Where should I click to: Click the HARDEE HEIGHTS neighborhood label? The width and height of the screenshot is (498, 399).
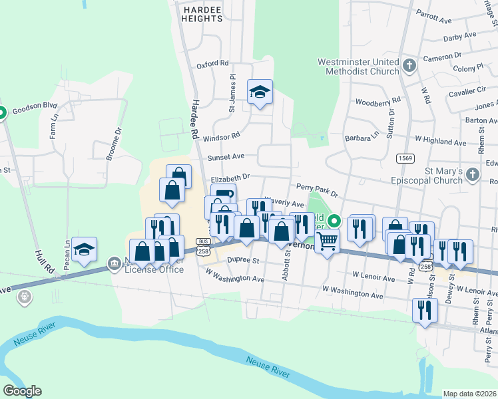(201, 13)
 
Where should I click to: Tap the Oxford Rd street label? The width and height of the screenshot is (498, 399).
(212, 64)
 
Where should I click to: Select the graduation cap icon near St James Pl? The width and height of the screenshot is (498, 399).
(260, 92)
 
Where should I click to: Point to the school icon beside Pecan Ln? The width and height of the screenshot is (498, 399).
(85, 249)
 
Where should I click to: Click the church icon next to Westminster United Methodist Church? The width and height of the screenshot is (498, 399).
(409, 66)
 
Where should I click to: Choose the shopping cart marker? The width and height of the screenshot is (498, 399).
(327, 242)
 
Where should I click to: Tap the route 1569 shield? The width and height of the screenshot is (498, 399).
(403, 158)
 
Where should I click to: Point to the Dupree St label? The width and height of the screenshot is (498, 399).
(243, 262)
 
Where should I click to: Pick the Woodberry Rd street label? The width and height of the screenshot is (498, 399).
(378, 102)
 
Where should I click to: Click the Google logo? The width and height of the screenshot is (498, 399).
(22, 390)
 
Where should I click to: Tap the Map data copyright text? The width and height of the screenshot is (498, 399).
(469, 394)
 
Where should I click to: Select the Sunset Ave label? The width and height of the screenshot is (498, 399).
(226, 157)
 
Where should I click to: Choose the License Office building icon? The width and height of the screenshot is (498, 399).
(115, 264)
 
